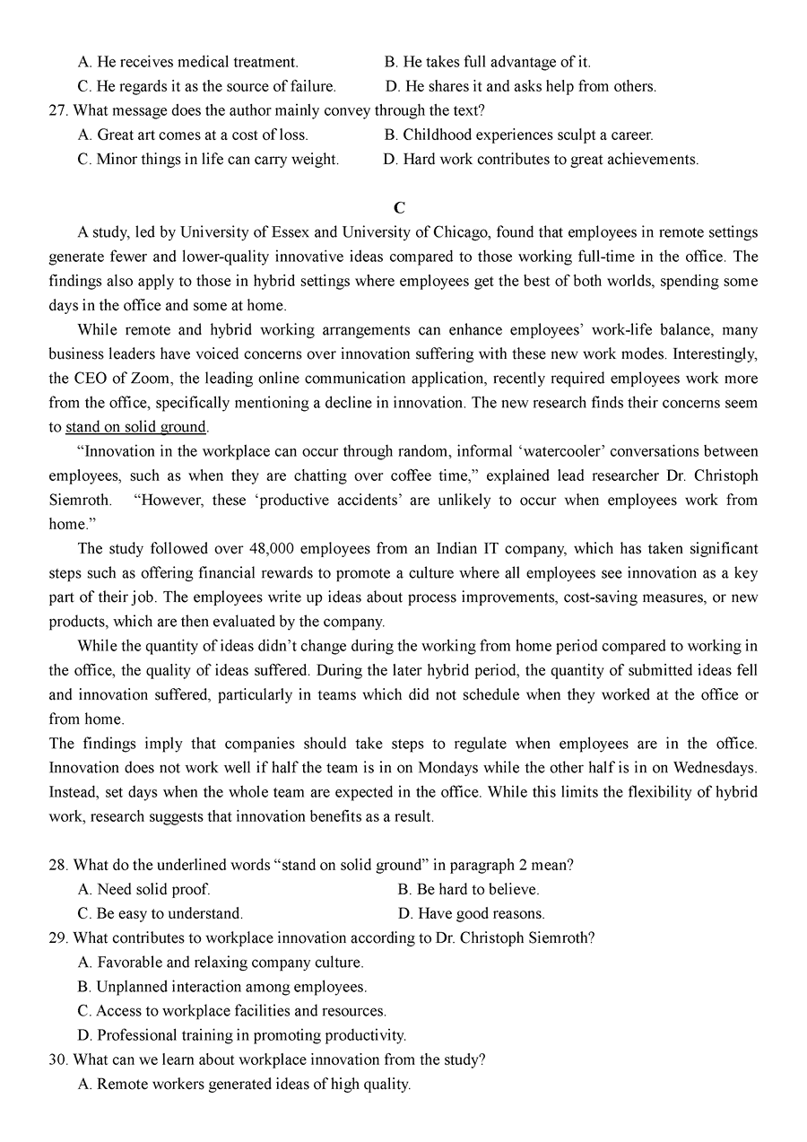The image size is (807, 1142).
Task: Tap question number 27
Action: [x=58, y=111]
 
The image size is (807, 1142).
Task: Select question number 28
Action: [x=58, y=866]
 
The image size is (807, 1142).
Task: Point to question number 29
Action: [x=58, y=938]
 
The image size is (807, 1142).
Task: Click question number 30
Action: [x=58, y=1059]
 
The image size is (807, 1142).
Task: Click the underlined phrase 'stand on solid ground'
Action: [x=136, y=427]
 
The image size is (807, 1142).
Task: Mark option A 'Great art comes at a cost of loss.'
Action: [x=193, y=135]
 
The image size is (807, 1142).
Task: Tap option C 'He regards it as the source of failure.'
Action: [x=207, y=87]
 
